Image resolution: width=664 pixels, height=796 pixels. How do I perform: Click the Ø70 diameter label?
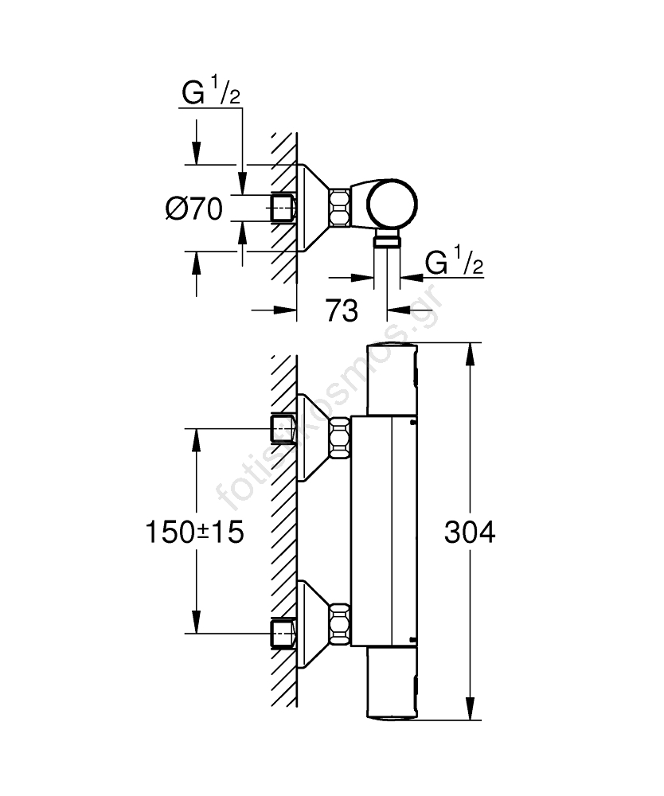click(193, 209)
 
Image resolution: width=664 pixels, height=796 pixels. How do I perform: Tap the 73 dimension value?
click(342, 311)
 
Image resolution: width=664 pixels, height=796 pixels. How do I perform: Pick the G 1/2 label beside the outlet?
click(455, 263)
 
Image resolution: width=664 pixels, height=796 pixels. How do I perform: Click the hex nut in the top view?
click(340, 208)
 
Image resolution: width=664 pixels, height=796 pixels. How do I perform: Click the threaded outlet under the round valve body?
click(387, 241)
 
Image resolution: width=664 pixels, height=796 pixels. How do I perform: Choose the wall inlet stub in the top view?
click(283, 208)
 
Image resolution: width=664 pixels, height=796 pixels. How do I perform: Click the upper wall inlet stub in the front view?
click(283, 429)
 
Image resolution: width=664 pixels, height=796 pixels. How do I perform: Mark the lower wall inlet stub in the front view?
click(283, 633)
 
